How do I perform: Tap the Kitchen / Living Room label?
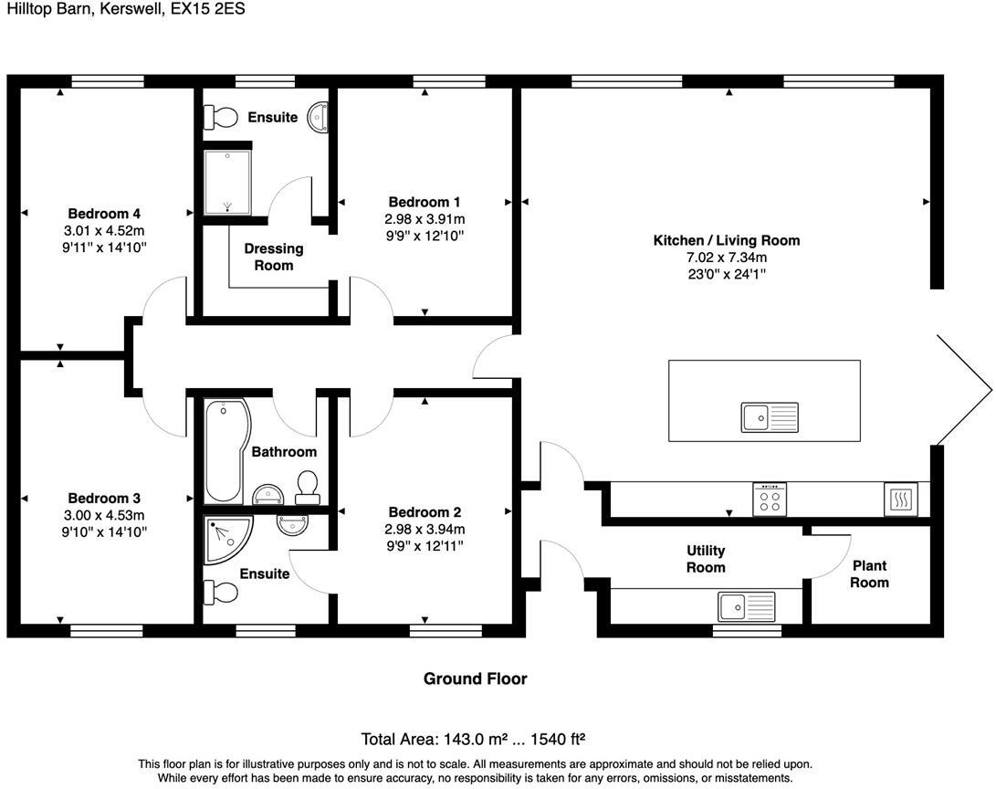point(726,240)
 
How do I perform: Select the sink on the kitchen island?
point(769,417)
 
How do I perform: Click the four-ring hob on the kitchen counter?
point(769,499)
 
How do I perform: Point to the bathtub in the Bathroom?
point(224,451)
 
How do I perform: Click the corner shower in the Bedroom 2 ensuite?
point(225,539)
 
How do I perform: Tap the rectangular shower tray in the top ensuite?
point(225,182)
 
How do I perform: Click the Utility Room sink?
point(745,605)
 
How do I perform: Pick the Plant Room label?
point(869,574)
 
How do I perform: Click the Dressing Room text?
point(273,257)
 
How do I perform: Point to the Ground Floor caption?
point(475,679)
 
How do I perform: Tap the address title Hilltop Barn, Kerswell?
point(123,9)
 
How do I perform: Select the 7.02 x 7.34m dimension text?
point(726,258)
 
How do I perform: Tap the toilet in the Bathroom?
point(308,486)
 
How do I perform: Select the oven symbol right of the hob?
point(901,500)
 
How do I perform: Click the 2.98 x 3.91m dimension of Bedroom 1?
point(425,219)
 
